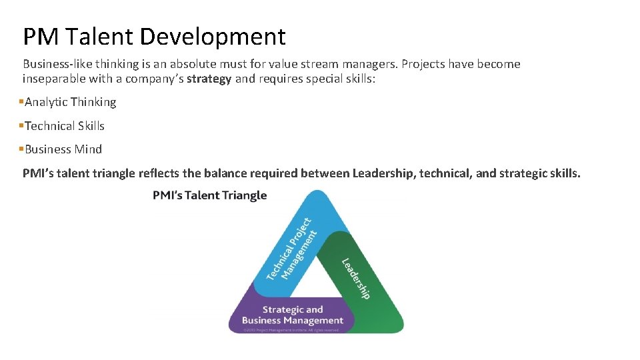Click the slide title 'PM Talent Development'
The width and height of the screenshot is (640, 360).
[x=154, y=36]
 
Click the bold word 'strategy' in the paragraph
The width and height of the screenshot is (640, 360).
[x=209, y=79]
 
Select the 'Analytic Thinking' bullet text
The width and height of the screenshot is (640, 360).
[x=70, y=102]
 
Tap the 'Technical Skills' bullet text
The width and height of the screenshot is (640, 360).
[x=65, y=126]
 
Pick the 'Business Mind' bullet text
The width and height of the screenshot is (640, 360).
[x=63, y=149]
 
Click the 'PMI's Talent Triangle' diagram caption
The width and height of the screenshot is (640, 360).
[x=209, y=195]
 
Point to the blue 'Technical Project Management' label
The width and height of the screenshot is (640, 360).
[x=291, y=248]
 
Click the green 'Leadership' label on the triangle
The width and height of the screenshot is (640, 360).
[x=355, y=278]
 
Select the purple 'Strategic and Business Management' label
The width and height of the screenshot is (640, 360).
[x=292, y=315]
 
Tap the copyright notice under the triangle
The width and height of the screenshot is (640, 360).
[x=291, y=329]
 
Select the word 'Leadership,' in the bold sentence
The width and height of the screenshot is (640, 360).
[x=384, y=173]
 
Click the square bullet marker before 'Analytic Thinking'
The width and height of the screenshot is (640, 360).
[x=21, y=101]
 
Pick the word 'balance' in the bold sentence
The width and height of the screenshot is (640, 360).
[x=225, y=173]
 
